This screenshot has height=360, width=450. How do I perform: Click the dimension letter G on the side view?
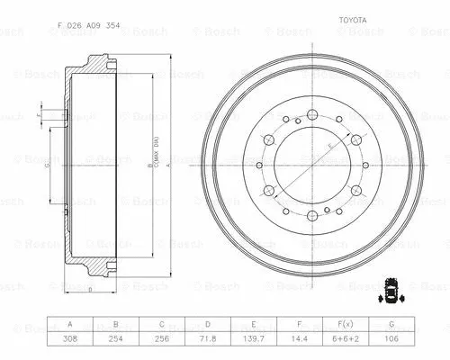point(47,166)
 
